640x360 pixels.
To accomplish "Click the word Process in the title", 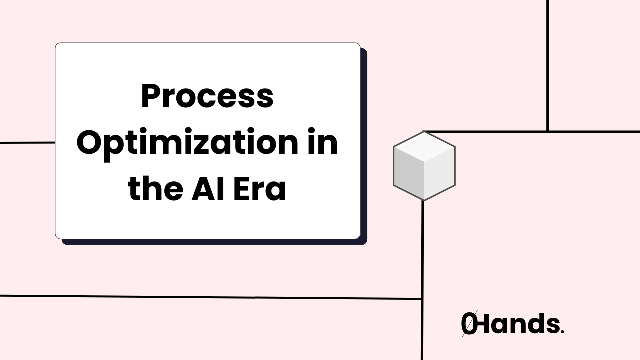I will [x=207, y=97].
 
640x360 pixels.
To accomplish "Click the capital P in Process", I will [x=151, y=97].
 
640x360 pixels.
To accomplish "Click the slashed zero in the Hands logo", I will [x=468, y=324].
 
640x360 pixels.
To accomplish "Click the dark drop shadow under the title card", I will [x=215, y=242].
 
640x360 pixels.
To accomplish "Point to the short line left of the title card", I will [x=27, y=143].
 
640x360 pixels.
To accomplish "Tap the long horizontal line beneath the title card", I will [x=210, y=297].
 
